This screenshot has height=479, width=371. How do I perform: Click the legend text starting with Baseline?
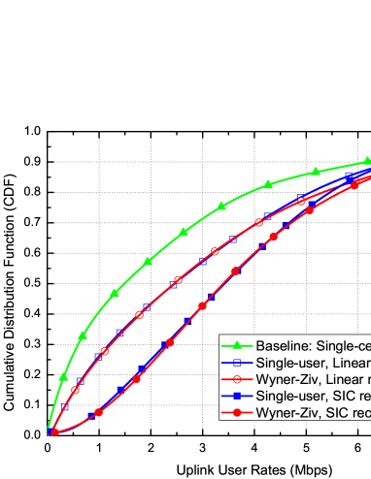coord(312,346)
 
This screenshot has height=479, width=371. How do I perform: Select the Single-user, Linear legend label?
coord(312,363)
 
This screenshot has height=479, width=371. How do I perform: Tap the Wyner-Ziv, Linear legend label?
coord(312,379)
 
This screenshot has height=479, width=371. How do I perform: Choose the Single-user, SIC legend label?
coord(312,397)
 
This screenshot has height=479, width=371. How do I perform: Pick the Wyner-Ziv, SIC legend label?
coord(312,413)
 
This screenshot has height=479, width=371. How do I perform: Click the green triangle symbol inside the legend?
coord(236,346)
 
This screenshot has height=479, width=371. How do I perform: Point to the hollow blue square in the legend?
coord(236,363)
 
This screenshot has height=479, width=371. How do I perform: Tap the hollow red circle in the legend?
coord(236,379)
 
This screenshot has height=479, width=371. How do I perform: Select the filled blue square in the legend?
coord(236,397)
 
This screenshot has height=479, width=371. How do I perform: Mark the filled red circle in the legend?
coord(236,413)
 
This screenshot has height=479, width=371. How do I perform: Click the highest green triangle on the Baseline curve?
coord(368,162)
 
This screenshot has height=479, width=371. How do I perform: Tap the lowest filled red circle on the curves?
coord(53,431)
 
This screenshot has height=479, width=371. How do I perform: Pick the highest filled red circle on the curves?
coord(356,181)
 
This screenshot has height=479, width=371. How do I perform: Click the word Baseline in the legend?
coord(284,346)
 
